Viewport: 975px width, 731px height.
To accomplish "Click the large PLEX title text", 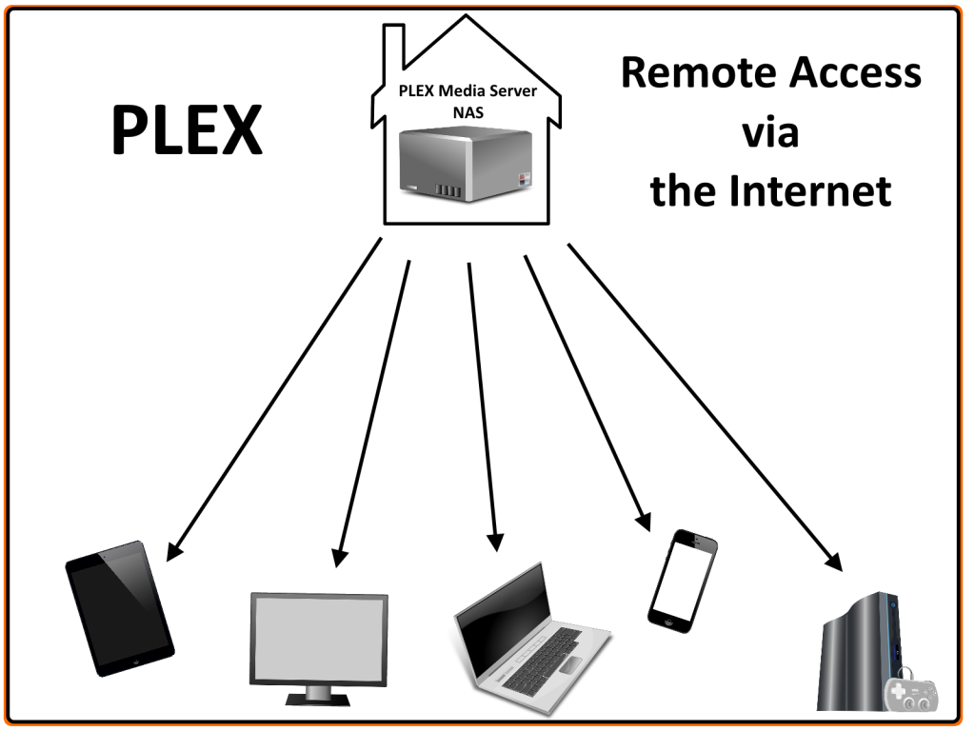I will [x=186, y=130].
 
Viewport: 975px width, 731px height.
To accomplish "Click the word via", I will [x=770, y=132].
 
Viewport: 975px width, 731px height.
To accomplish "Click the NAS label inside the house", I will [x=468, y=111].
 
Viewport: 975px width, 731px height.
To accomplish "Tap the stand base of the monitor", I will [x=318, y=700].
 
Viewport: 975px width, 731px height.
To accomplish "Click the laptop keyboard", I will [x=542, y=658].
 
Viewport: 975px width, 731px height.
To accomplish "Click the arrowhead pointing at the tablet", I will [x=174, y=550].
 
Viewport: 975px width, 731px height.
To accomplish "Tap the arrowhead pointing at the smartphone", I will [x=643, y=520].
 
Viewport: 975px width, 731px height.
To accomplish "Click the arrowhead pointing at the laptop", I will [x=494, y=541].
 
